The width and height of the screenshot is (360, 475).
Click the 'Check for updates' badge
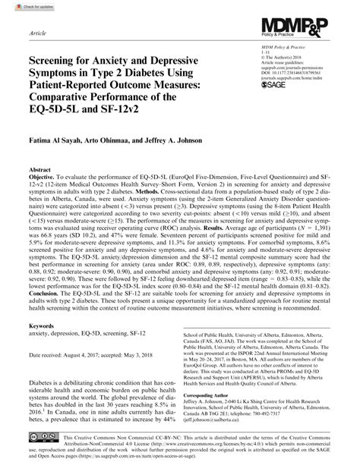coord(24,7)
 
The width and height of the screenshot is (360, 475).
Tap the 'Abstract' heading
coord(41,172)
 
